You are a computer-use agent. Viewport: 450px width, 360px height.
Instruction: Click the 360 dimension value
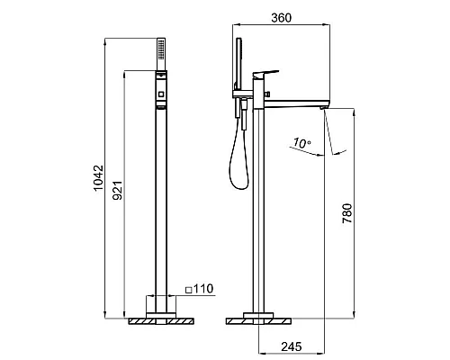point(281,18)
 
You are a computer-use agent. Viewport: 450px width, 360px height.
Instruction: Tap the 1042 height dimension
point(98,178)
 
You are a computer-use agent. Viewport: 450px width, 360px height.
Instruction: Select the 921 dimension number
point(117,190)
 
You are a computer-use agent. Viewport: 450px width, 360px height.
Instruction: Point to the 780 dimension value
point(347,213)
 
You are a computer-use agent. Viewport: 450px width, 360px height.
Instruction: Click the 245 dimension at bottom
point(292,346)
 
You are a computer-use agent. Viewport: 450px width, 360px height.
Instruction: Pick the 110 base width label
point(203,289)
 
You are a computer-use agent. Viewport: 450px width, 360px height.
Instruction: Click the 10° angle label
point(301,143)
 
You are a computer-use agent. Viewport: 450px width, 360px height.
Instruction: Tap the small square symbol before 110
point(189,290)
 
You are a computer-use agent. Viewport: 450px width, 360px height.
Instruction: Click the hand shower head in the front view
point(161,54)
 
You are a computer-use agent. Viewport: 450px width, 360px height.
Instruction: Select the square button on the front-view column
point(161,94)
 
